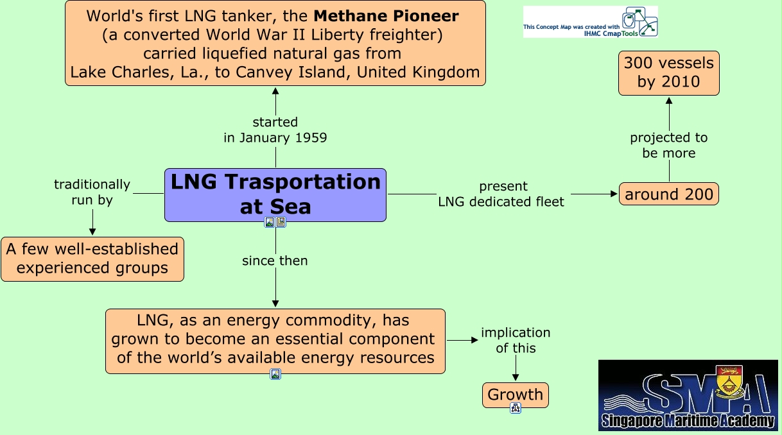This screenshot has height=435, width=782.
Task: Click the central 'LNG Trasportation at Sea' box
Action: coord(275,195)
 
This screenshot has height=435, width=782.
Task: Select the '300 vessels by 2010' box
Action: coord(669,73)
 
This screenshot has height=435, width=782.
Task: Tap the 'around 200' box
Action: coord(669,194)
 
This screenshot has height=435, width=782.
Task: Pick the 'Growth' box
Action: coord(516,395)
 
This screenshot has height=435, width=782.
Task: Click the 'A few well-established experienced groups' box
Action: coord(92,259)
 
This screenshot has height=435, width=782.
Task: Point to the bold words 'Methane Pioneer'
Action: coord(386,15)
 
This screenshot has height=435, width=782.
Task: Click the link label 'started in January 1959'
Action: coord(275,130)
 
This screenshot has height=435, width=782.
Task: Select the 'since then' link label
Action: coord(275,260)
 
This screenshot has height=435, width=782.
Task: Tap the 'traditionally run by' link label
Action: coord(92,192)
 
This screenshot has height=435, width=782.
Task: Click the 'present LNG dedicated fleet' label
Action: coord(501,194)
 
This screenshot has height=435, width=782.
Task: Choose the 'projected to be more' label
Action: coord(669,145)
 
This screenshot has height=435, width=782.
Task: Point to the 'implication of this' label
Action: coord(516,340)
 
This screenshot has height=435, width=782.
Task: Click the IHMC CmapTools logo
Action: coord(590,22)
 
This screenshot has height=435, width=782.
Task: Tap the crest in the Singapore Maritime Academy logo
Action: coord(729,381)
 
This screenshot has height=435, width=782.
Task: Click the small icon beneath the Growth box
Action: coord(516,408)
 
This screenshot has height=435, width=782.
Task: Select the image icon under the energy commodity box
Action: coord(275,374)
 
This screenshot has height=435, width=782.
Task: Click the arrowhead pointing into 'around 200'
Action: coord(614,194)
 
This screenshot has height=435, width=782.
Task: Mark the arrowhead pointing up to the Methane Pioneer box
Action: coord(275,91)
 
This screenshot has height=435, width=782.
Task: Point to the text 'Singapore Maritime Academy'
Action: coord(688,420)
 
